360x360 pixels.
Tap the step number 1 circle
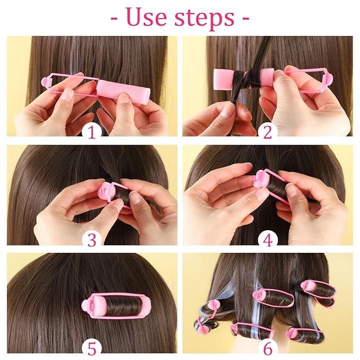(x=92, y=130)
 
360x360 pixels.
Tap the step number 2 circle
(x=267, y=130)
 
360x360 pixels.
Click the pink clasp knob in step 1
(x=47, y=83)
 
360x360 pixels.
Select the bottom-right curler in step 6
(x=305, y=335)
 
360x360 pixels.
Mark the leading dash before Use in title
(x=115, y=19)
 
